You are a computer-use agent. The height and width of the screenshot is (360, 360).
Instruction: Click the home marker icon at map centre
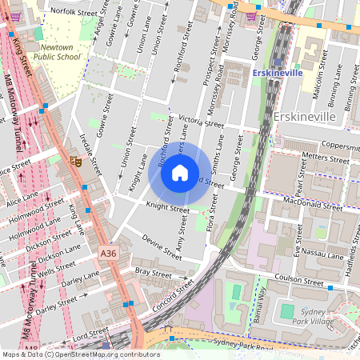(x=180, y=173)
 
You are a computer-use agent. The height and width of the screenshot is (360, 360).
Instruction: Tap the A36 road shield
(x=108, y=253)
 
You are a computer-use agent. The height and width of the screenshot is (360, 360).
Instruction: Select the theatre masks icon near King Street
(x=77, y=161)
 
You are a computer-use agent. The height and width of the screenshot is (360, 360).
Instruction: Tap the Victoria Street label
(x=201, y=121)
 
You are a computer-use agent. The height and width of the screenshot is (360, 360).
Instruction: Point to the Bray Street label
(x=153, y=273)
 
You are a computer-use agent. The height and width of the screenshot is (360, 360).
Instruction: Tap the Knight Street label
(x=167, y=208)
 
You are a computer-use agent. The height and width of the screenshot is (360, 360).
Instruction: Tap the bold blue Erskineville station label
(x=275, y=73)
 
